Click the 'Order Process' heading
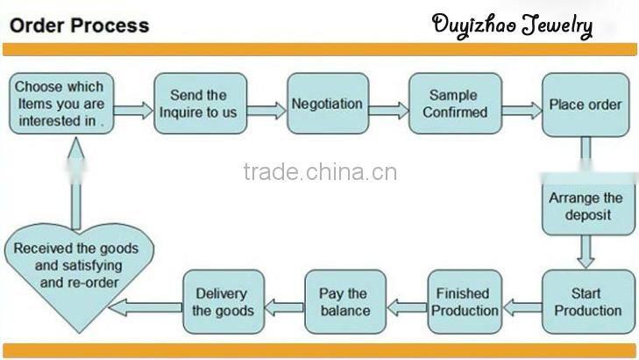(x=79, y=25)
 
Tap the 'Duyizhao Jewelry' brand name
(x=512, y=25)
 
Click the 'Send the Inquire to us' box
(x=198, y=104)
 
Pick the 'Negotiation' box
(x=327, y=104)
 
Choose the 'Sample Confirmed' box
(x=455, y=104)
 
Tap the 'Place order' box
(x=585, y=104)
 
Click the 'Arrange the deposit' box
(x=585, y=206)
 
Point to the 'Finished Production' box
(x=463, y=301)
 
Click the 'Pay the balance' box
(x=343, y=301)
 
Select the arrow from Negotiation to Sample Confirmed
(x=388, y=111)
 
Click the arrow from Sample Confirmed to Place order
(x=522, y=111)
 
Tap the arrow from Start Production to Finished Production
(x=521, y=307)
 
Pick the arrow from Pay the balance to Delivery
(x=284, y=307)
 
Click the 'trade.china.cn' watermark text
(x=320, y=172)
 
